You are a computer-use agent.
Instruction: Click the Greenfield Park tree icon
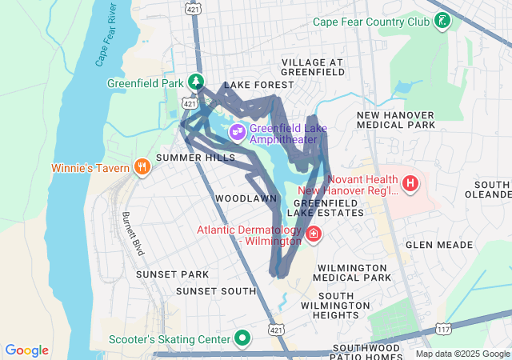195,82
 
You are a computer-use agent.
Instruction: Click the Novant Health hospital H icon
410,185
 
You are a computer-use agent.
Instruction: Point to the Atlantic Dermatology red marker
314,235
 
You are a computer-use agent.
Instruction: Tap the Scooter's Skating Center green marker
242,339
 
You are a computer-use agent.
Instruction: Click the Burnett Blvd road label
133,234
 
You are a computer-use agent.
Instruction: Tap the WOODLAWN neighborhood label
246,198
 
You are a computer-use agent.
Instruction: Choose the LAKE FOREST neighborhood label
254,85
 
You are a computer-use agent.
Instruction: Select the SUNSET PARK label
172,274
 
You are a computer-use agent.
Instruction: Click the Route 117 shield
444,329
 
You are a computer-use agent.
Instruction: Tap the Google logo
27,350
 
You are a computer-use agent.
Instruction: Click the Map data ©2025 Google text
462,354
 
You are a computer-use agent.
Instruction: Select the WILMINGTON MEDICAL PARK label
354,272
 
